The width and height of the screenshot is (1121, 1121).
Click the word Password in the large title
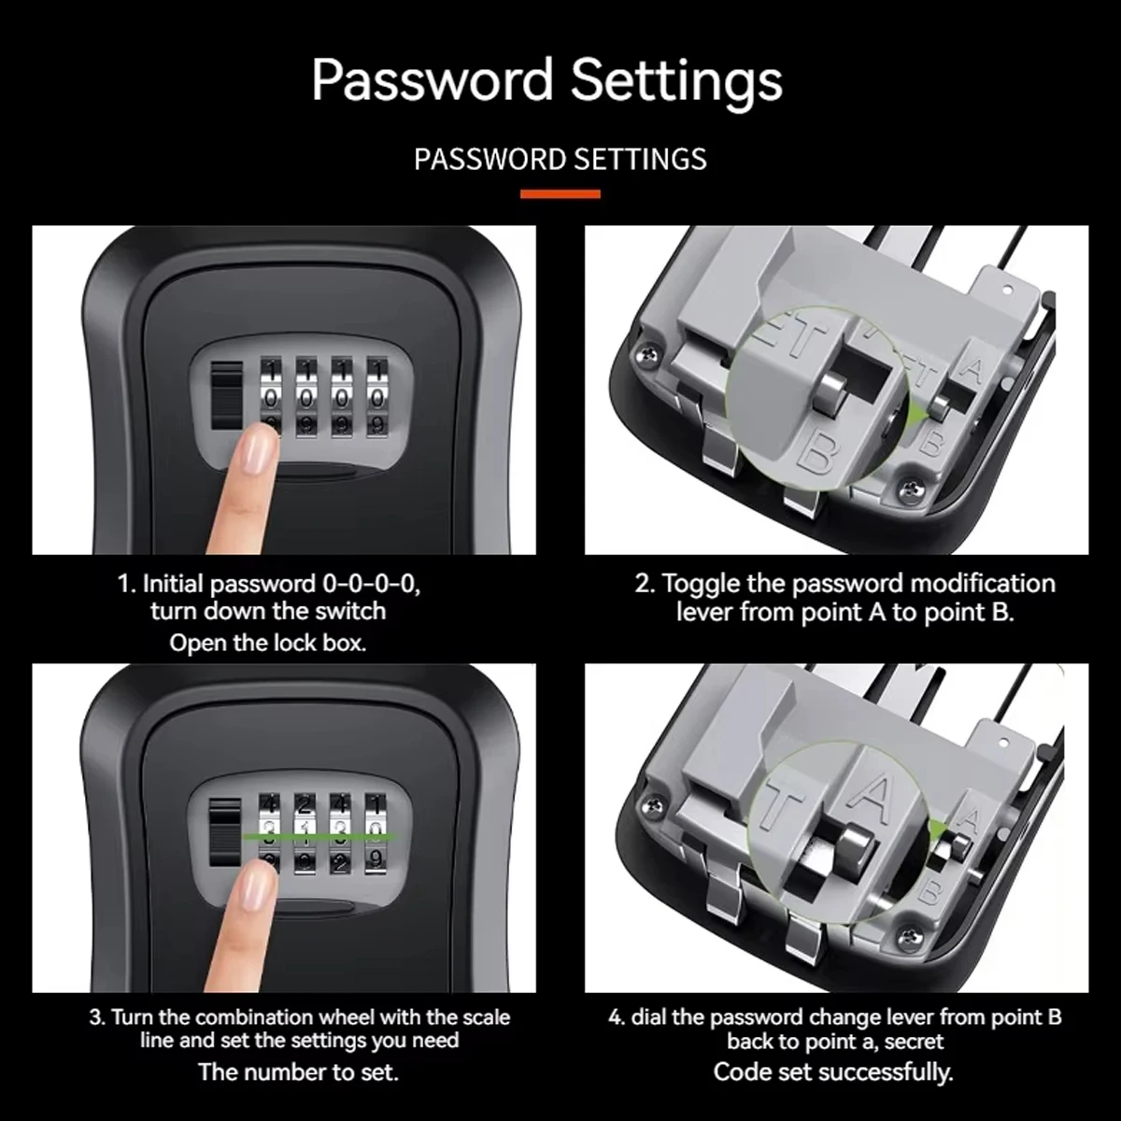432,80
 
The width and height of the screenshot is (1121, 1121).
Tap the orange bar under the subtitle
560,194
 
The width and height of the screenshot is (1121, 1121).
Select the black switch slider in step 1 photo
226,396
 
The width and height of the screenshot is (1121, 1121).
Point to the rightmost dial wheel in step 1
377,398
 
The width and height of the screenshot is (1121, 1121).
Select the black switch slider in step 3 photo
225,832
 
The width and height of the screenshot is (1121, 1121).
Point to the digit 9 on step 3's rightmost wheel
376,858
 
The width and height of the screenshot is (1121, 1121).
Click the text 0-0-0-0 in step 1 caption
369,584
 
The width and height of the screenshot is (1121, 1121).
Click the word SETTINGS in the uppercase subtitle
640,159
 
